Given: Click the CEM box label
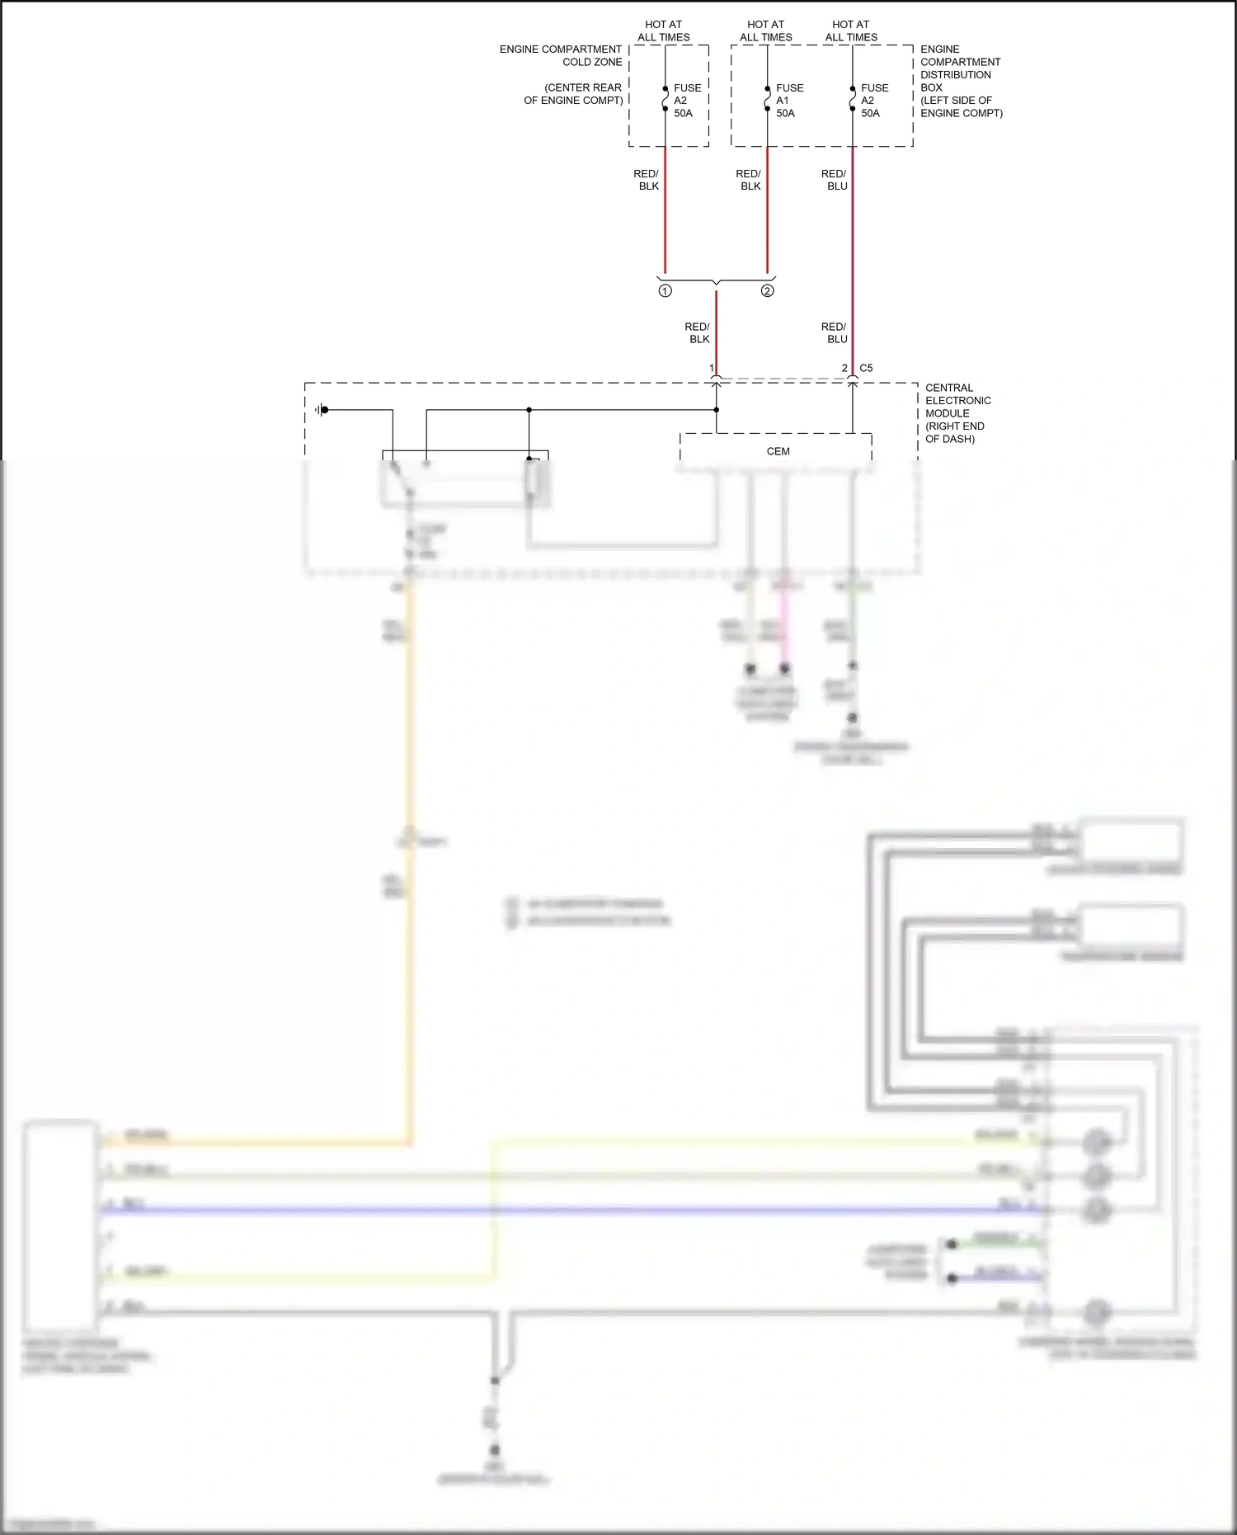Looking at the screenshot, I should click(778, 451).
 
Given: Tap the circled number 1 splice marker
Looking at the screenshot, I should click(666, 291).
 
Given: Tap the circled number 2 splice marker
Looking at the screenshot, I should click(767, 291).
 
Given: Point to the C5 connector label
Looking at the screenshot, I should click(866, 368).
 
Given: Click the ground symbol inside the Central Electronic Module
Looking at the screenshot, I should click(321, 410).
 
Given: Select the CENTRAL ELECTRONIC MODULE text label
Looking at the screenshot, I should click(957, 413).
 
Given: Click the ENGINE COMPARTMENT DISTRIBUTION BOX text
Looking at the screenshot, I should click(961, 81).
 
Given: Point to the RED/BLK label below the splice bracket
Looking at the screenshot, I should click(698, 333).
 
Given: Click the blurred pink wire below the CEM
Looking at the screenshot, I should click(784, 619).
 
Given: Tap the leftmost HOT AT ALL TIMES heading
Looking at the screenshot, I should click(663, 31).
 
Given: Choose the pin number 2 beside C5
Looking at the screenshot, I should click(844, 368).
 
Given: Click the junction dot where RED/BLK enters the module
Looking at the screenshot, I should click(716, 410).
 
